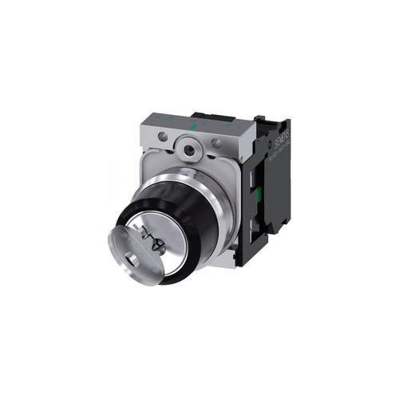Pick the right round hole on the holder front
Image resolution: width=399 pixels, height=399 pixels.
point(216,144)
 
